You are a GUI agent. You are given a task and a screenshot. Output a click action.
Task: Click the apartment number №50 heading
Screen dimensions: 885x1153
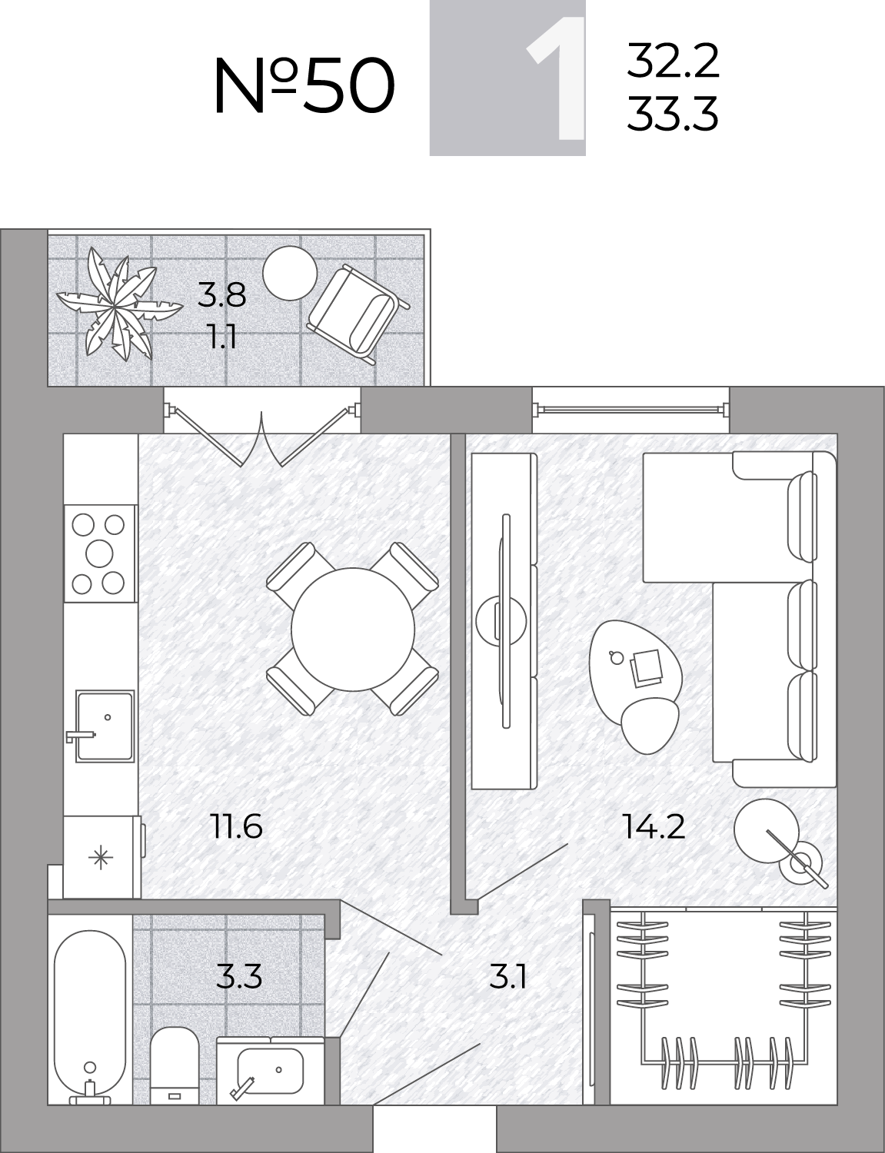pyautogui.click(x=304, y=85)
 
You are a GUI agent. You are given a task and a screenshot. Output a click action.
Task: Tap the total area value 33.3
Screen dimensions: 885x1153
pyautogui.click(x=672, y=114)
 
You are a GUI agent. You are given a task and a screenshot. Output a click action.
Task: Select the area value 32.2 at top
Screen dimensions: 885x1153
pyautogui.click(x=673, y=61)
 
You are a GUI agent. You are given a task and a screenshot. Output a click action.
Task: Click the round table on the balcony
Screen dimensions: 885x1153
pyautogui.click(x=290, y=273)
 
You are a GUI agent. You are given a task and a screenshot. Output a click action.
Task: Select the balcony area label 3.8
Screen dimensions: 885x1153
pyautogui.click(x=221, y=295)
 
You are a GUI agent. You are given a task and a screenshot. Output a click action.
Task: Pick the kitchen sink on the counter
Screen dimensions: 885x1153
pyautogui.click(x=104, y=726)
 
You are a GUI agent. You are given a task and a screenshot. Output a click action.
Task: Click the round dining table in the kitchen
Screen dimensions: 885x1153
pyautogui.click(x=353, y=629)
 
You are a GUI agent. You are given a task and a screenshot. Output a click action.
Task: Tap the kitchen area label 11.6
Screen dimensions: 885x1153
pyautogui.click(x=237, y=826)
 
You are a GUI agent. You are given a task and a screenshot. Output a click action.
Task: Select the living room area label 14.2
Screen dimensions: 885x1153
pyautogui.click(x=654, y=826)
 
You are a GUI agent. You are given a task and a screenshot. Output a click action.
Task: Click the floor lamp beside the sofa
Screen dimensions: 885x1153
pyautogui.click(x=778, y=850)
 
